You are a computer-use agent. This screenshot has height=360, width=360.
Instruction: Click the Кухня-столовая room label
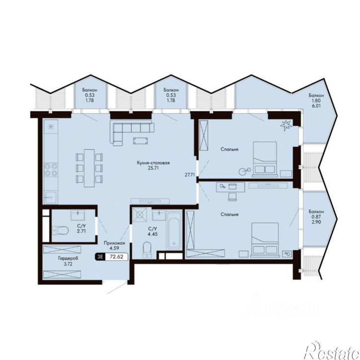point(153,163)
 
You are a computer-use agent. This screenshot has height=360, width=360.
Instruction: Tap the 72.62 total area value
point(116,257)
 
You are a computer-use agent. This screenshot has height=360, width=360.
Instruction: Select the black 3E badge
point(100,257)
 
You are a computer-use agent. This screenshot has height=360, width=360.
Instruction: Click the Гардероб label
point(68,259)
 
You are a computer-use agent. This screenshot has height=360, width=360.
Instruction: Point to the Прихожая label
point(114,243)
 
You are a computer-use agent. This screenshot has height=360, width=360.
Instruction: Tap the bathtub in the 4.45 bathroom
point(174,230)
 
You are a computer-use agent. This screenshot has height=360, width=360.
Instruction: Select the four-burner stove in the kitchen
point(51,170)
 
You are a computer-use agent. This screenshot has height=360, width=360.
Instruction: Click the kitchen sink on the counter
point(51,198)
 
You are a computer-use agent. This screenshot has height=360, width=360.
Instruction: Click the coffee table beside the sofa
point(141,141)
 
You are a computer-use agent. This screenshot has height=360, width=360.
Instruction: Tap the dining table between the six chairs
point(89,168)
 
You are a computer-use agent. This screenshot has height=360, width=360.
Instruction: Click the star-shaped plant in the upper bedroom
point(286,125)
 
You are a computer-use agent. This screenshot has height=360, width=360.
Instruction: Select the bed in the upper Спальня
point(265,159)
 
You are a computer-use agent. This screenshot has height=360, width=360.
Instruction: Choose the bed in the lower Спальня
point(265,239)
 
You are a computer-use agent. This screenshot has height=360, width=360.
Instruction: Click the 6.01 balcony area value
point(316,106)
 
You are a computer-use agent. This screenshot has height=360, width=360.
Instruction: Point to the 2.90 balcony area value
point(316,222)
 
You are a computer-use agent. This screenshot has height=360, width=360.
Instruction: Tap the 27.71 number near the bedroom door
point(190,174)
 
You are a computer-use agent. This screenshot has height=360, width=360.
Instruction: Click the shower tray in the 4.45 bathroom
point(139,215)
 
